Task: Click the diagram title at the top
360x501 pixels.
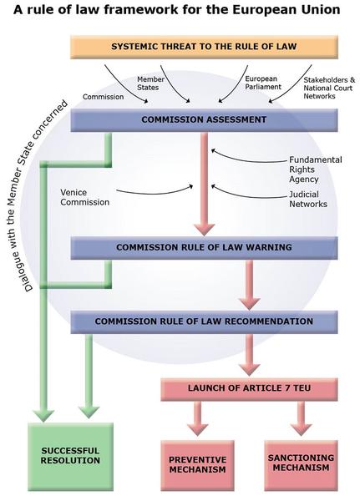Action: [x=176, y=11]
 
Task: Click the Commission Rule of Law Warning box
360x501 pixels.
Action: [x=204, y=248]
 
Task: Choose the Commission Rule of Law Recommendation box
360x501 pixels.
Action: [x=204, y=321]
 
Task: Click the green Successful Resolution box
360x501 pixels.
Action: [x=70, y=455]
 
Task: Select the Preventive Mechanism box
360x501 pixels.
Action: [x=197, y=464]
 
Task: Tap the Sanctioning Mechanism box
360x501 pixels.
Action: [x=301, y=463]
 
